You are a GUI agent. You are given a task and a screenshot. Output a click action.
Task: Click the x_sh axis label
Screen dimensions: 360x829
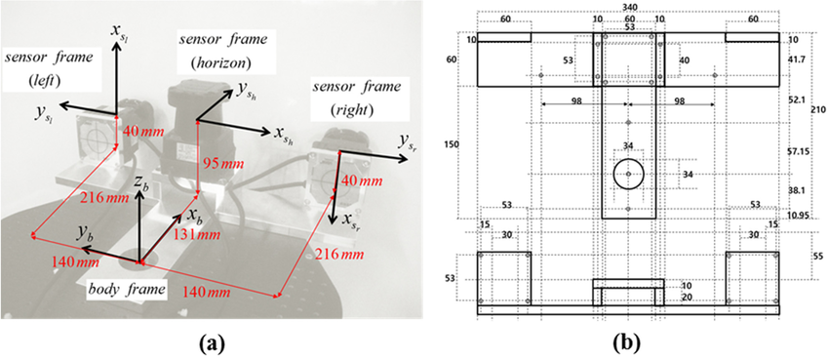point(283,138)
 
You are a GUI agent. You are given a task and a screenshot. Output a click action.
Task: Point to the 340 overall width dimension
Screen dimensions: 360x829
point(628,7)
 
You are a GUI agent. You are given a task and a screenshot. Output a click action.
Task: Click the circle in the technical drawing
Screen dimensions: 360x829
point(629,175)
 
